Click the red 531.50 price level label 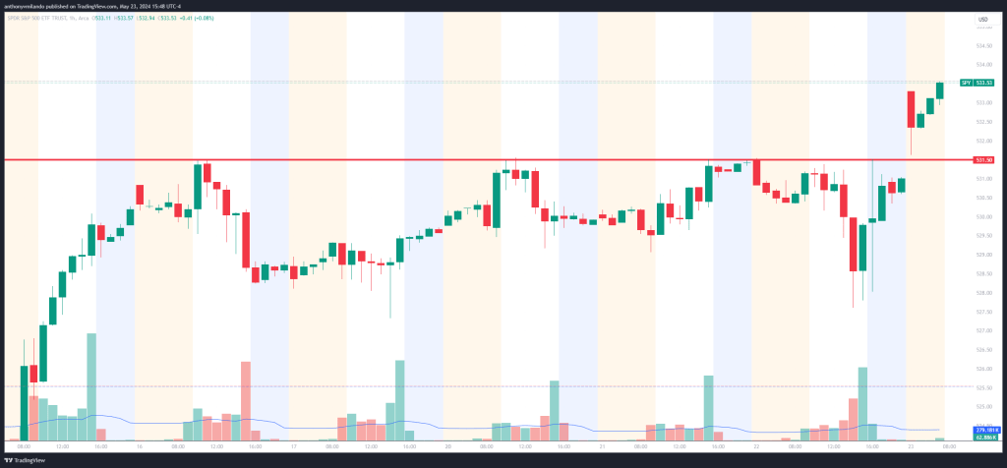click(982, 159)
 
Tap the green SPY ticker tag click(966, 83)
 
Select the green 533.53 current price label click(983, 83)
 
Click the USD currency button click(982, 21)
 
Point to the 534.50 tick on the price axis click(981, 45)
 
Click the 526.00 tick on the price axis click(981, 369)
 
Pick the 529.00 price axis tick click(981, 255)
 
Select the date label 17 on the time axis click(293, 447)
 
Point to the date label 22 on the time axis click(756, 447)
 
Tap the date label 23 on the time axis click(911, 447)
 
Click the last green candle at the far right click(940, 90)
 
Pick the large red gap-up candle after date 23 click(911, 109)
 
